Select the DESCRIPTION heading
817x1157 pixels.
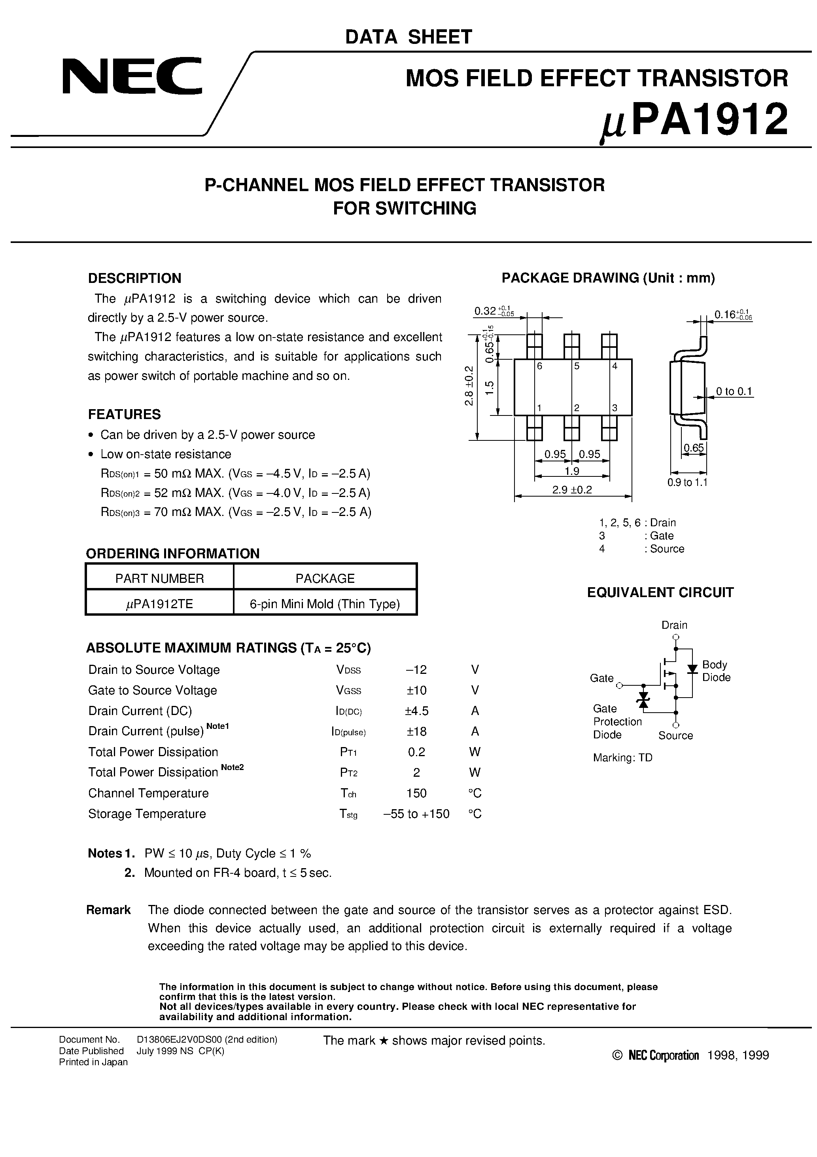click(x=134, y=278)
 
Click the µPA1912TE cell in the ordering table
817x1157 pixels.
click(x=159, y=604)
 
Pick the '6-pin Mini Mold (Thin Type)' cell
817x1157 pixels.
click(x=325, y=604)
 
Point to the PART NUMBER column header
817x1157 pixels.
click(x=159, y=578)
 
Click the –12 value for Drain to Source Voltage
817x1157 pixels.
click(x=416, y=670)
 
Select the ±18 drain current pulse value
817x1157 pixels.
click(x=416, y=731)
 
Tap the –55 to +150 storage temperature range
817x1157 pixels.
click(x=416, y=814)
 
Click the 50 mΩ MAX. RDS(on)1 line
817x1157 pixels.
click(x=236, y=474)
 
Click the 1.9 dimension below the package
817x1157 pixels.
click(x=572, y=471)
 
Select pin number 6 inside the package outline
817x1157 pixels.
click(x=539, y=366)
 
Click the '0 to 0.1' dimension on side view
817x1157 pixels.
click(x=734, y=392)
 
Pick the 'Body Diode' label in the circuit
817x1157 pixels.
click(x=716, y=671)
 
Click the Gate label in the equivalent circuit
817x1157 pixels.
click(x=601, y=678)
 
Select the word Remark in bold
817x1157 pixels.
click(x=108, y=910)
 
